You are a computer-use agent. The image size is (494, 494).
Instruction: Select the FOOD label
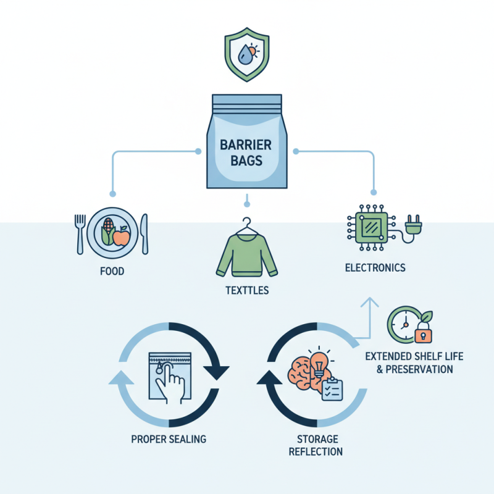pos(111,270)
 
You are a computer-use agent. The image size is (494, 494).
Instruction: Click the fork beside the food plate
pos(79,233)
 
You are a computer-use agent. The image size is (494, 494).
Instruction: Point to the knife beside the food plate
pos(144,233)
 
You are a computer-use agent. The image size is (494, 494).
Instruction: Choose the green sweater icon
pos(247,253)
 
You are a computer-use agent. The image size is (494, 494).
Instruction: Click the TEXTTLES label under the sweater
pos(247,290)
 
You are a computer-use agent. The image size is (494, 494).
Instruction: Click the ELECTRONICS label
pos(375,268)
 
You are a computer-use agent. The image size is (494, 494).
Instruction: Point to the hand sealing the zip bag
pos(169,385)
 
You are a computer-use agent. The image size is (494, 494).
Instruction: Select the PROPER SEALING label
pos(169,439)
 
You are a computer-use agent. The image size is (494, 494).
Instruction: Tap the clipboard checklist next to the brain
pos(332,389)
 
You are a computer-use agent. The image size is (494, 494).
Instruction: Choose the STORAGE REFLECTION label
pos(315,445)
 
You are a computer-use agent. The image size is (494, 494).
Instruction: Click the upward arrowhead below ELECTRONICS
pos(369,301)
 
